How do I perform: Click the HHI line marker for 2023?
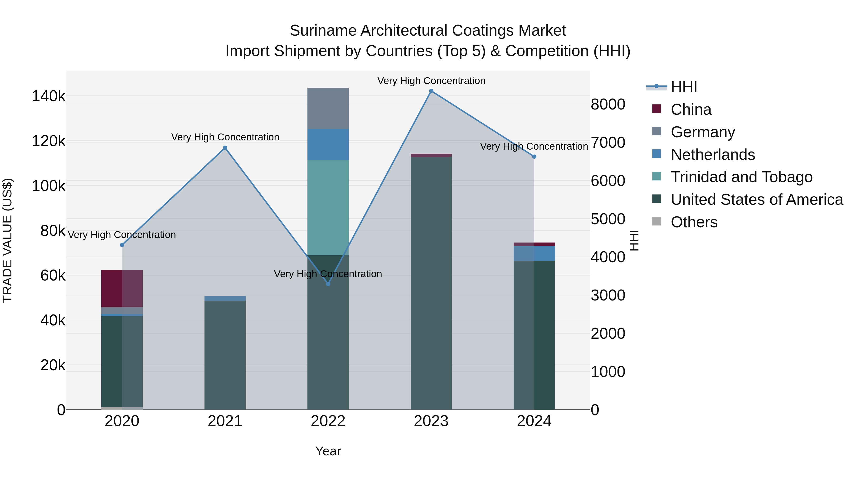[431, 91]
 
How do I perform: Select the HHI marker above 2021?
[225, 148]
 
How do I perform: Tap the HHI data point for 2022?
[328, 284]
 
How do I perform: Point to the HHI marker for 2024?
[534, 157]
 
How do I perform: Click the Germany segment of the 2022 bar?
[328, 109]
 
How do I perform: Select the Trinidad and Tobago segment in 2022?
[328, 207]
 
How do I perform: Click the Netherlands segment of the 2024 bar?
[534, 253]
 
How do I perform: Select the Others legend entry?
[694, 222]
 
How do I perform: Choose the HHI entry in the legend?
[684, 87]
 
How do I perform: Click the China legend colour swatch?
[656, 109]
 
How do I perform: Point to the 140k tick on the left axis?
[49, 96]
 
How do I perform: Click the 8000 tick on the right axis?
[608, 104]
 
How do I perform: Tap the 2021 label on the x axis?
[225, 421]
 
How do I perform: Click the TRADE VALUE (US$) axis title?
[7, 240]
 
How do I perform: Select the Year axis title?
[328, 451]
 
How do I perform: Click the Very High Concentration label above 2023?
[431, 81]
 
